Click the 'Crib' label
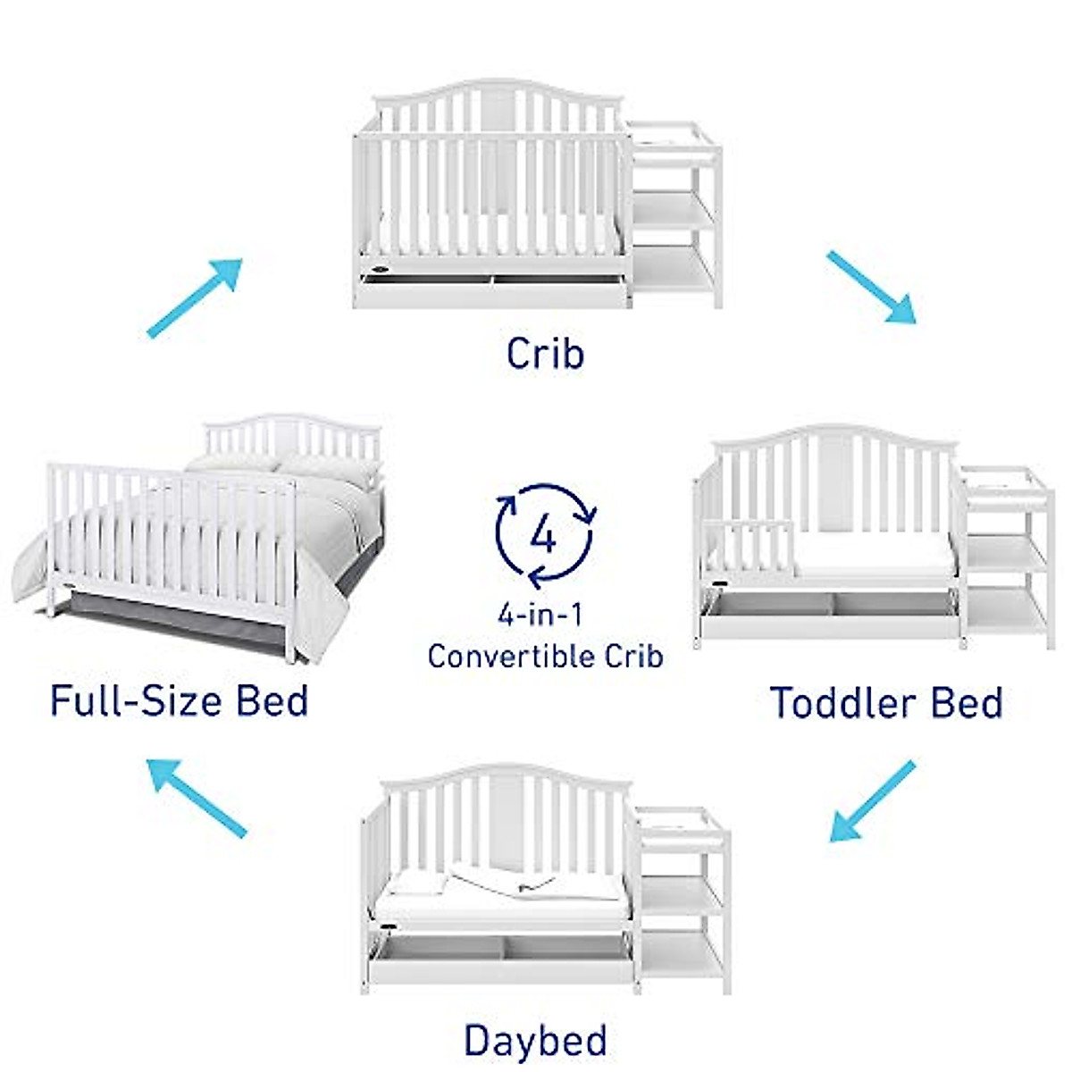[545, 353]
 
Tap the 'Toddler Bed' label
[886, 703]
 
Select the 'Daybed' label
[535, 1041]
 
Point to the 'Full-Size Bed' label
[180, 700]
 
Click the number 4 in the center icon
[544, 536]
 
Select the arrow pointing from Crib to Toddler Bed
[871, 287]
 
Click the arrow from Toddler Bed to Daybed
[872, 800]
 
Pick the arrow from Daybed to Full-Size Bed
[197, 798]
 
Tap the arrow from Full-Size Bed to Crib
[195, 297]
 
